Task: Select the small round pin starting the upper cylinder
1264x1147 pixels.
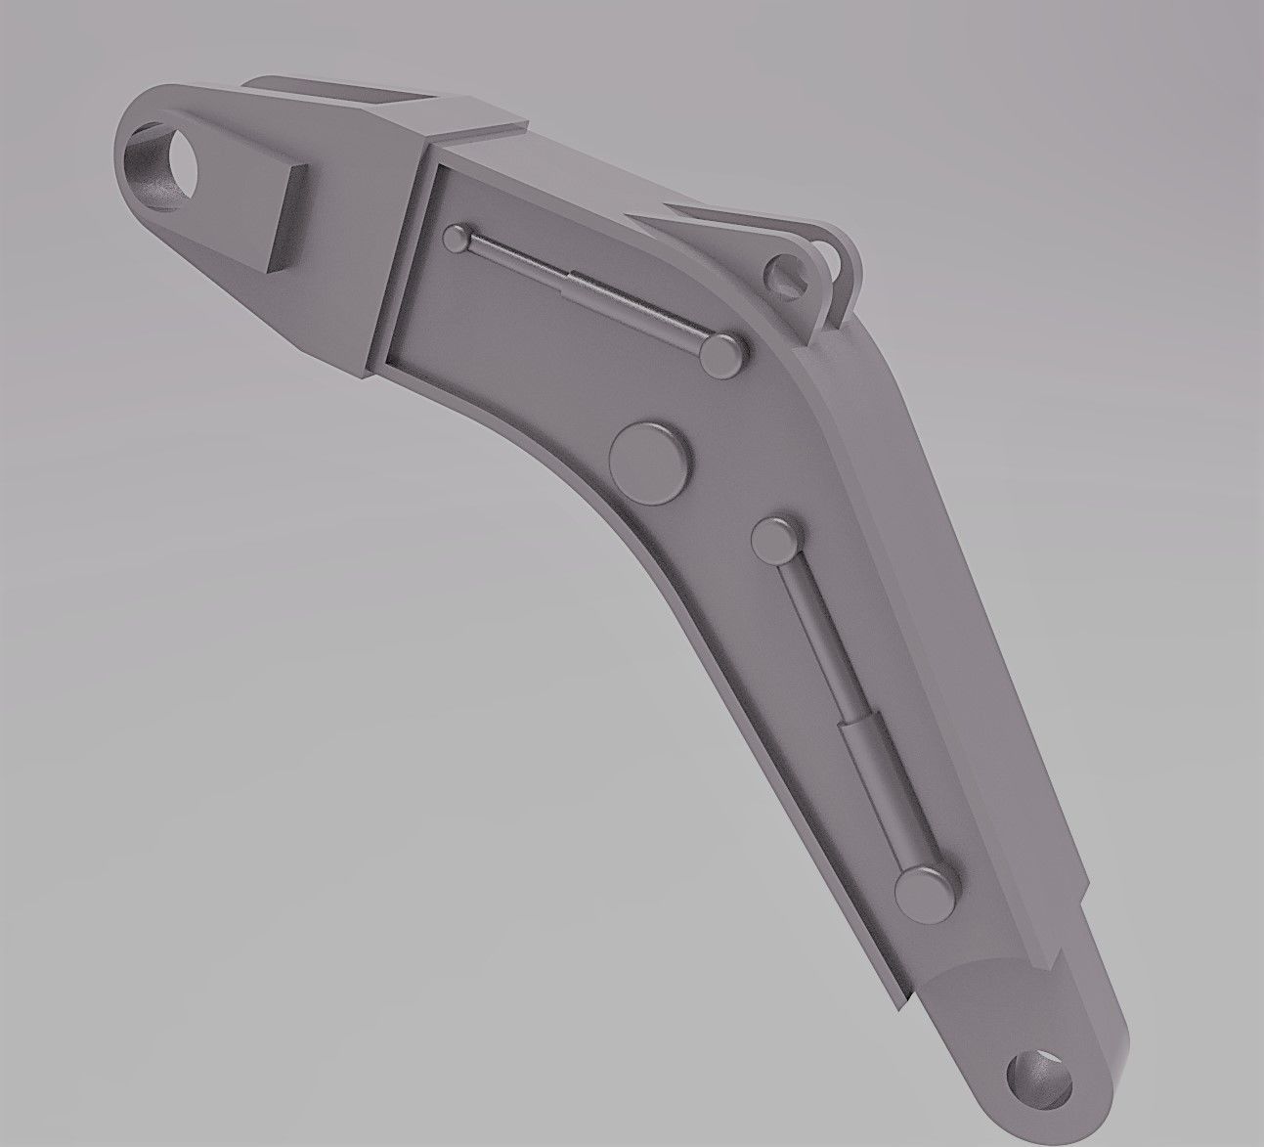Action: pos(458,238)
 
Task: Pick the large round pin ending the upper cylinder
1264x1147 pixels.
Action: pos(723,355)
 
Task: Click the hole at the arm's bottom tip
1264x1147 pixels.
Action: pos(1039,1080)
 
